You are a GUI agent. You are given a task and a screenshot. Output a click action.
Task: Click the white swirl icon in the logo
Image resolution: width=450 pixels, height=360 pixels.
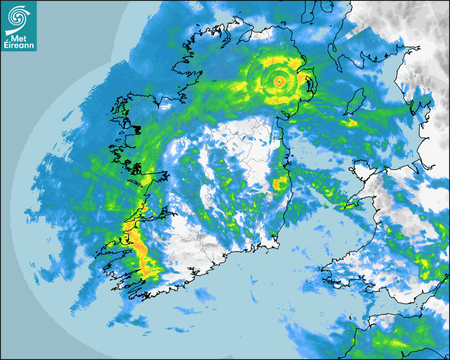(x=18, y=15)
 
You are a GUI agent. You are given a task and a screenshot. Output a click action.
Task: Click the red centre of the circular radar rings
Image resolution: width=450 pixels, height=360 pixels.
(x=279, y=81)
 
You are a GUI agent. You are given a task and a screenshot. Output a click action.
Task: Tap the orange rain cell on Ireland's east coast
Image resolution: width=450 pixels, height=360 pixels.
(x=278, y=184)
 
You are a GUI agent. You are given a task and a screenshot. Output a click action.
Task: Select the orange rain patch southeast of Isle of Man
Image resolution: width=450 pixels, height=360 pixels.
(x=351, y=123)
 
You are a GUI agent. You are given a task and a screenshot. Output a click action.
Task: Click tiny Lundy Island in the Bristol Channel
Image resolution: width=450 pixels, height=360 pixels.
(x=350, y=318)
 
